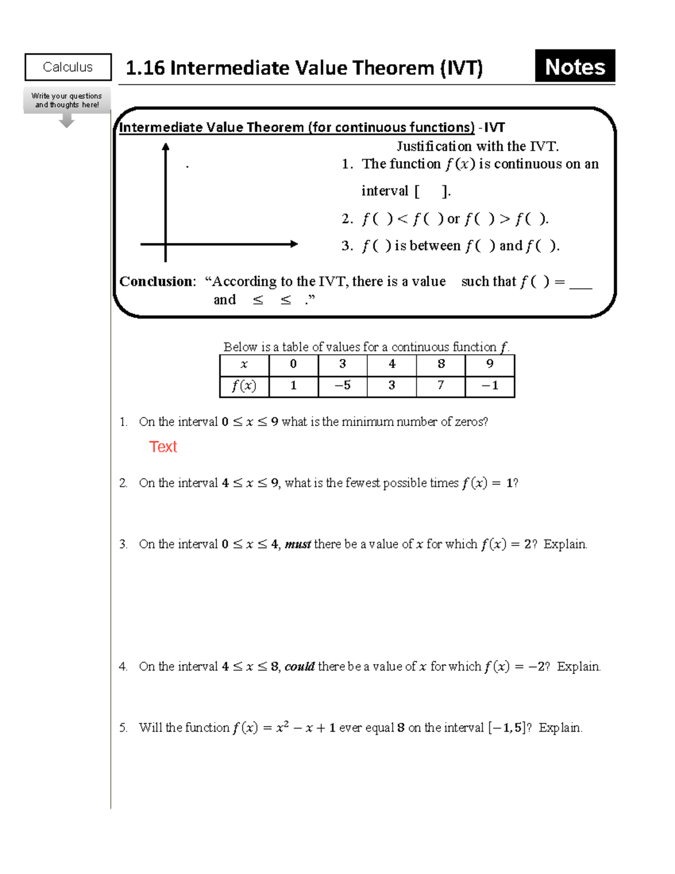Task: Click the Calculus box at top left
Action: [68, 68]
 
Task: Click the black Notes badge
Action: [574, 66]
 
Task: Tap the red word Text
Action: [163, 447]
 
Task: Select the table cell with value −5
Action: [342, 386]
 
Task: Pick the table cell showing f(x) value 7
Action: [440, 386]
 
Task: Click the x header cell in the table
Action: [244, 365]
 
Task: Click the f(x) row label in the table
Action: [244, 386]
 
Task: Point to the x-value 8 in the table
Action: [440, 365]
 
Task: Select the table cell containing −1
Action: [489, 386]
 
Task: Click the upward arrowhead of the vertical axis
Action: [165, 147]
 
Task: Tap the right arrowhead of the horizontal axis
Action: [294, 244]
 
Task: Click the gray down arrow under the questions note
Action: [67, 121]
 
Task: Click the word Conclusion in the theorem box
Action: [156, 281]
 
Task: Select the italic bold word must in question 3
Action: [298, 544]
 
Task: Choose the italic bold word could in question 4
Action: [299, 667]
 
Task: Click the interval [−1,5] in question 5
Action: [507, 728]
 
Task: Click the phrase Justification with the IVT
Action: [478, 146]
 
